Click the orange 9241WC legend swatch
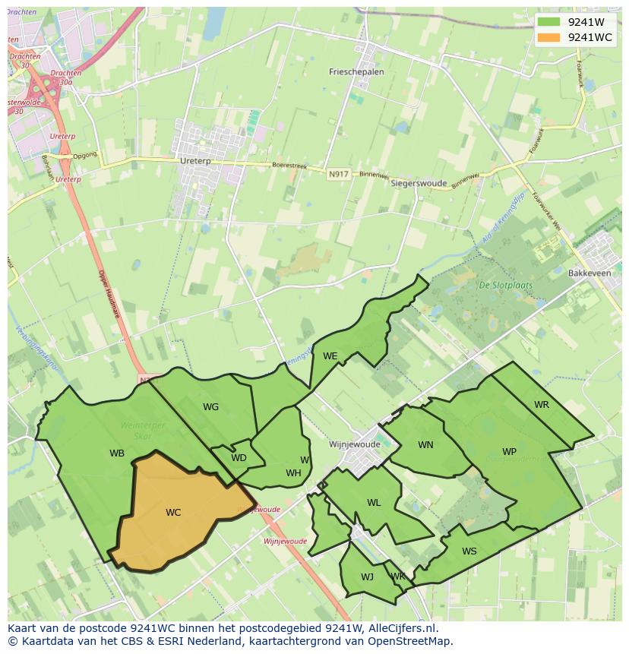[552, 37]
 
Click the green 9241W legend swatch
[552, 22]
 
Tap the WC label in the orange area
[173, 513]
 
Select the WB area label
[117, 453]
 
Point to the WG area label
[210, 407]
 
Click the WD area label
[239, 458]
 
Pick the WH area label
[293, 473]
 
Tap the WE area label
[330, 355]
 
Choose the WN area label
[425, 445]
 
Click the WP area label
[509, 452]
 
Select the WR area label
[541, 405]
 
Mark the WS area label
[469, 551]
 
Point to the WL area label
[374, 503]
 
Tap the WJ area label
[367, 577]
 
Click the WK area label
[398, 577]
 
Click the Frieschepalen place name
[356, 72]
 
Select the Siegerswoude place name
[418, 183]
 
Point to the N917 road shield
[338, 175]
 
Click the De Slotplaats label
[505, 286]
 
